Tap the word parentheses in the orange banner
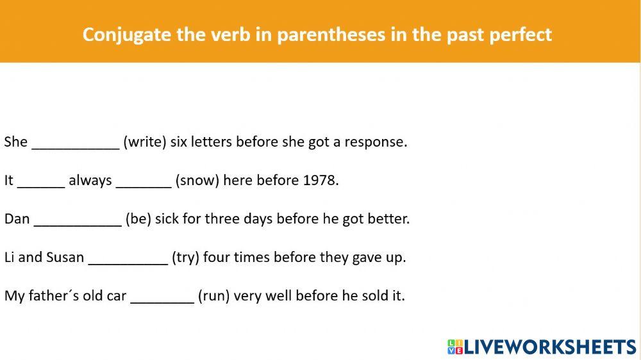pyautogui.click(x=331, y=35)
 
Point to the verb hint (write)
pyautogui.click(x=145, y=142)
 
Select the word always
pyautogui.click(x=90, y=181)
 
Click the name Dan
pyautogui.click(x=17, y=219)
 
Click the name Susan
pyautogui.click(x=65, y=258)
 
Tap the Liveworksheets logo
pyautogui.click(x=542, y=347)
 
